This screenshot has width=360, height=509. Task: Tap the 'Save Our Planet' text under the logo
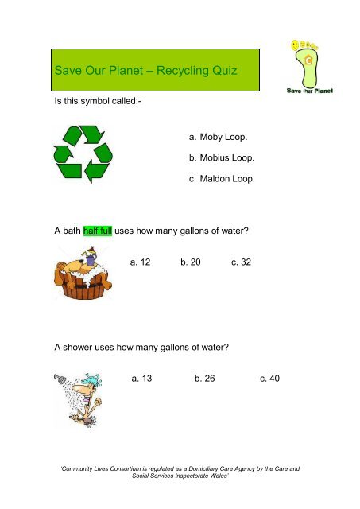(x=309, y=90)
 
